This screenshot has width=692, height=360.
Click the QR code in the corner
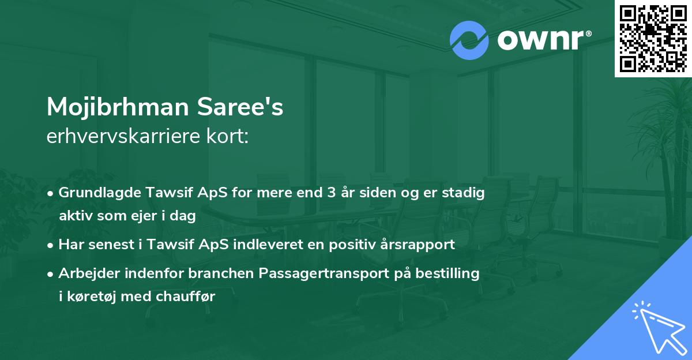tap(653, 38)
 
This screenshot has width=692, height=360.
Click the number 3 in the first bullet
tap(331, 193)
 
